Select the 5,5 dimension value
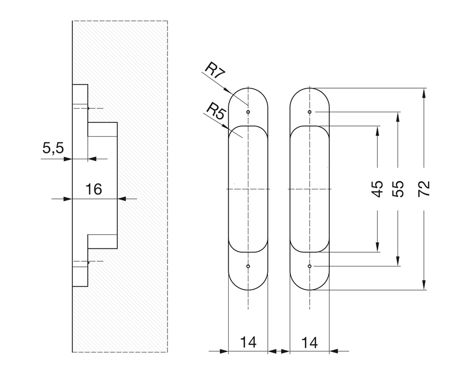[53, 149]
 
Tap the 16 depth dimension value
[94, 189]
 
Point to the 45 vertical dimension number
[377, 189]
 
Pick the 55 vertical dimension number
[399, 189]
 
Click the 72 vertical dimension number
[424, 189]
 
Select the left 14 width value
[248, 342]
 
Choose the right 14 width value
[310, 342]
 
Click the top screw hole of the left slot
[248, 112]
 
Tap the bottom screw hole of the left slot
[248, 266]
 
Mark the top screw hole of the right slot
[310, 112]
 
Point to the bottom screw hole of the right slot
[310, 266]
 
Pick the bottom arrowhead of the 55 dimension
[399, 262]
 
